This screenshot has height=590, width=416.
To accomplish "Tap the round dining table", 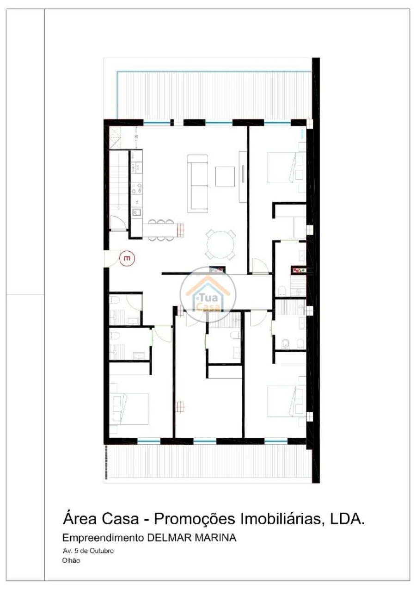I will (x=220, y=244).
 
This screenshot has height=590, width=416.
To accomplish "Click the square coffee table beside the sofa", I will (x=225, y=176).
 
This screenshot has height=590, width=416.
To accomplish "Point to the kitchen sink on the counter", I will (x=136, y=213).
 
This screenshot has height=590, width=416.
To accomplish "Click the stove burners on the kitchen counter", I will (x=136, y=188).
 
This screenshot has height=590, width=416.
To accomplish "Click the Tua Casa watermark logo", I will (x=208, y=295).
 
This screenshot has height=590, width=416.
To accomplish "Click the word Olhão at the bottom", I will (x=71, y=560).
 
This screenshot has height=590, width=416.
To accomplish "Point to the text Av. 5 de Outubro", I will (x=88, y=551).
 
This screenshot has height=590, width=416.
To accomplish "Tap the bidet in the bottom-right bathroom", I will (x=286, y=343).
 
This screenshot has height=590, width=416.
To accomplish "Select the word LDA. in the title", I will (x=347, y=519).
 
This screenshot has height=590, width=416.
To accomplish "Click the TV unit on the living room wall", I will (x=243, y=176).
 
